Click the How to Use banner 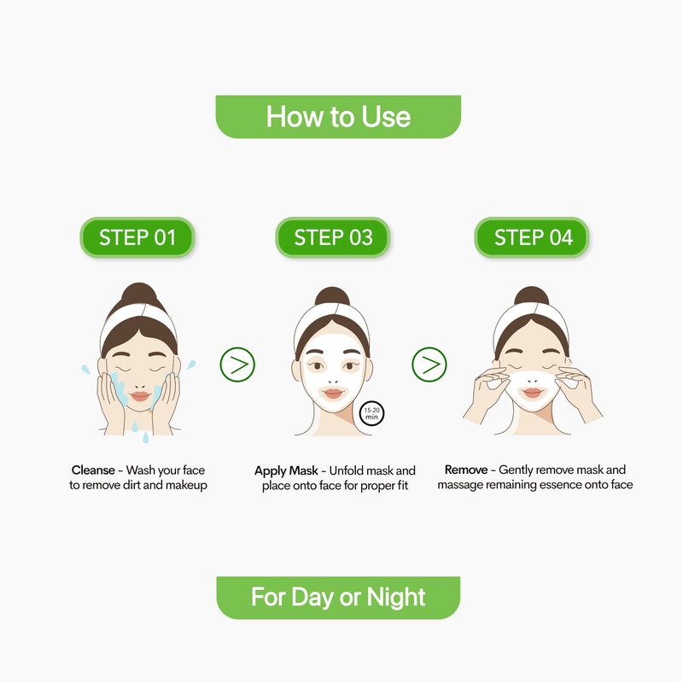tap(338, 117)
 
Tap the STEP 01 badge tap(137, 237)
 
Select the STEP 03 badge tap(333, 237)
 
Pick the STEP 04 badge tap(532, 237)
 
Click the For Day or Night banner tap(338, 598)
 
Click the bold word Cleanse tap(93, 470)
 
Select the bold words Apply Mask tap(286, 471)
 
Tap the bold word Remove tap(466, 470)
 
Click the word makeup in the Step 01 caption tap(186, 486)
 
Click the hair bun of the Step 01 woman tap(139, 294)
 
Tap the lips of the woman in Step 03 tap(333, 394)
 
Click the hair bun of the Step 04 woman tap(531, 296)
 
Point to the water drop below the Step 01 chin tap(145, 437)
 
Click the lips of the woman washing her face tap(140, 396)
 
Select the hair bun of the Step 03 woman tap(332, 296)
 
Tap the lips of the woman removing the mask tap(532, 393)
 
